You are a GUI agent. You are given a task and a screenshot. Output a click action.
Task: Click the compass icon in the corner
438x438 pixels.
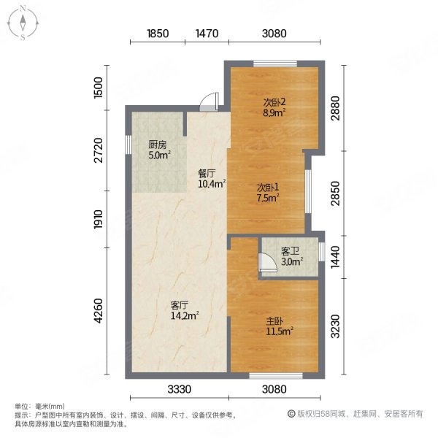tap(23, 23)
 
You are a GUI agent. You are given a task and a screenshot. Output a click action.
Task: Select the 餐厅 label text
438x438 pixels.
tap(207, 174)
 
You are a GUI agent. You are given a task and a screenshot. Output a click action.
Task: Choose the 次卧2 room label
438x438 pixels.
tap(274, 101)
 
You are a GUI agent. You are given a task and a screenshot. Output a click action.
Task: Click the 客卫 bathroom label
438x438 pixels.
tap(290, 251)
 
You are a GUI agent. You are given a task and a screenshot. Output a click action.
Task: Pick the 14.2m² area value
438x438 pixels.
tap(185, 316)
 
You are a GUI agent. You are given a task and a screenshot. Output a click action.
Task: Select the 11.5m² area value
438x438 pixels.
tap(279, 331)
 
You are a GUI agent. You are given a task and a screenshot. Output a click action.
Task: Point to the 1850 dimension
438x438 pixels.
tap(158, 34)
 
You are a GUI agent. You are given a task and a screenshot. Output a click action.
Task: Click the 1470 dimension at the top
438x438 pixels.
tap(207, 34)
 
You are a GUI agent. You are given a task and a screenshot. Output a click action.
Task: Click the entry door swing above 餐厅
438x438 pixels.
tap(210, 101)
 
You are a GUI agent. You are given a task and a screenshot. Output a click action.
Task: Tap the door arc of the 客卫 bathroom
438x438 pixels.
tap(266, 263)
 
